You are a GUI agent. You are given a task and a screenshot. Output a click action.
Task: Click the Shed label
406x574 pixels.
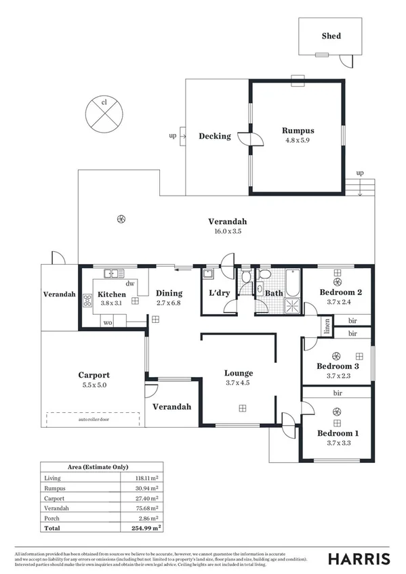(x=331, y=36)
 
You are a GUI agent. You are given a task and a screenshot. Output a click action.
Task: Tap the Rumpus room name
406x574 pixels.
(x=298, y=131)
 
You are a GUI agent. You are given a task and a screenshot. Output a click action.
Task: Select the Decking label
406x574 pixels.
(x=214, y=136)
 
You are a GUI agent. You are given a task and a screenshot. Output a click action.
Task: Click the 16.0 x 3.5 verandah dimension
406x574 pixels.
(x=227, y=231)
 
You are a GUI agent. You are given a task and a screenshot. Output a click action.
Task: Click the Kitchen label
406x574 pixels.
(x=111, y=294)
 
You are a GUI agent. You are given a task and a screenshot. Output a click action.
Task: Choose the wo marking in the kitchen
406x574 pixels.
(x=107, y=323)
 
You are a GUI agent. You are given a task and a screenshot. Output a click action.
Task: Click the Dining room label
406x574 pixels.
(x=169, y=294)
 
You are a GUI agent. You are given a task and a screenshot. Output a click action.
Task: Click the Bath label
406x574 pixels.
(x=273, y=294)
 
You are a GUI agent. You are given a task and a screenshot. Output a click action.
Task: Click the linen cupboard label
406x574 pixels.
(x=327, y=326)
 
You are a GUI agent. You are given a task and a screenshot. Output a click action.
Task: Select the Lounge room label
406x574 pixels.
(x=239, y=373)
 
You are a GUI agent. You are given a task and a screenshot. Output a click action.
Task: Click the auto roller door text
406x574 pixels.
(x=94, y=419)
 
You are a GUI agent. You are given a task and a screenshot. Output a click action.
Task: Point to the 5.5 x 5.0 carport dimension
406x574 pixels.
(x=94, y=384)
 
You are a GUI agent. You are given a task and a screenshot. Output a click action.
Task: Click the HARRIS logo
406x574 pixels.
(x=359, y=558)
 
